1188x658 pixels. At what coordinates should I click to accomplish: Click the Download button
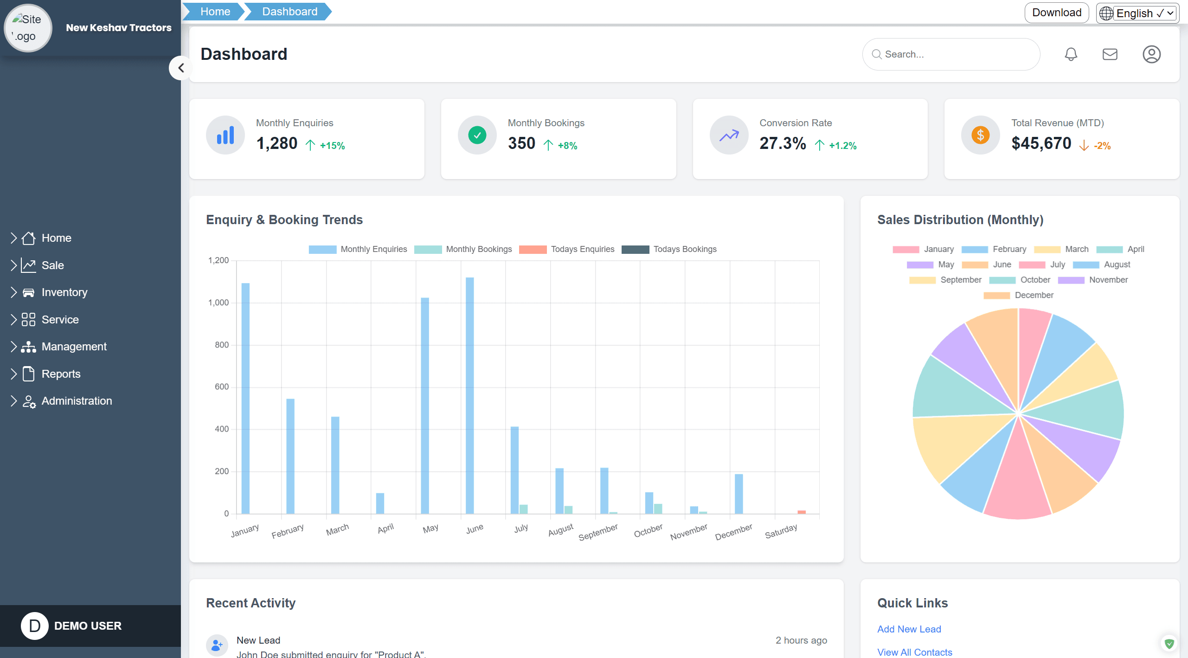point(1056,13)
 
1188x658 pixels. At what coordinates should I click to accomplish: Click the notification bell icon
point(1071,54)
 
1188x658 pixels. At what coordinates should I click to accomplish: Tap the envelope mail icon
point(1110,54)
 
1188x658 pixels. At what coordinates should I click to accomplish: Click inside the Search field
point(956,54)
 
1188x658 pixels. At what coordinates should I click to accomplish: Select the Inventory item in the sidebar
point(64,292)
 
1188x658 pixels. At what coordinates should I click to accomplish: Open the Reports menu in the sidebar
point(61,374)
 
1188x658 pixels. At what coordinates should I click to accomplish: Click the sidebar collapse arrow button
point(181,68)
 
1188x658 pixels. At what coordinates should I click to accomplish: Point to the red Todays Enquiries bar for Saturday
point(802,512)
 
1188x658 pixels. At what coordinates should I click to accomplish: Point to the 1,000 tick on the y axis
point(218,303)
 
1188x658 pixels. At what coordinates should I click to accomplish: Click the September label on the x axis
point(598,532)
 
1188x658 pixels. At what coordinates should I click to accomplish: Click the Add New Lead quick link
point(909,629)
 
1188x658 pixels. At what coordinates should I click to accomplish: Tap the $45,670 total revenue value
point(1041,143)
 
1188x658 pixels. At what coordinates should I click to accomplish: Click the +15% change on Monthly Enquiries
point(332,146)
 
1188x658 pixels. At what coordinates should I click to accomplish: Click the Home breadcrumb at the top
point(215,12)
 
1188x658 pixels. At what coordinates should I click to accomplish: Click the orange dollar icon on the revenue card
point(980,135)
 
